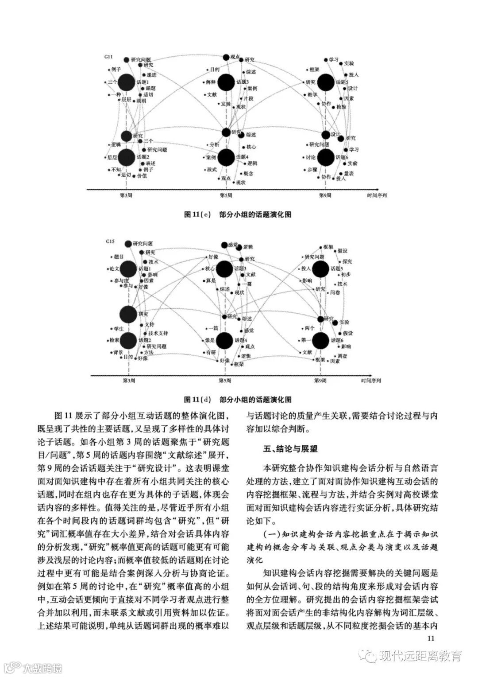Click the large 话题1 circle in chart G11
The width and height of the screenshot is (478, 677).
pos(127,82)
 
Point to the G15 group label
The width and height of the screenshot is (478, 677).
pos(110,241)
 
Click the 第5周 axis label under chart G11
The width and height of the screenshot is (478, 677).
pos(226,195)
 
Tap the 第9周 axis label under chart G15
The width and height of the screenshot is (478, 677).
pos(320,380)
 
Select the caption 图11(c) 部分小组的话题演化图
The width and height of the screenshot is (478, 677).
pos(238,214)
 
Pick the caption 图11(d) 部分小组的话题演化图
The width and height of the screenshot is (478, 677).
pos(238,399)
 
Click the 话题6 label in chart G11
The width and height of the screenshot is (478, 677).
pos(342,157)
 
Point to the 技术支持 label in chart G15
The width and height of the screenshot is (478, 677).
pos(158,333)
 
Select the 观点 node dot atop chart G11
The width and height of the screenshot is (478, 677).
pos(226,57)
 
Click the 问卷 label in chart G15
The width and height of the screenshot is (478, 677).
pos(335,292)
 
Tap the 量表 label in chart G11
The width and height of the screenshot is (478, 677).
pos(349,173)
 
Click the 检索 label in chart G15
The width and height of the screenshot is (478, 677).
pos(115,340)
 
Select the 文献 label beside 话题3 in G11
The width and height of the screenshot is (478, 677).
pos(212,94)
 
